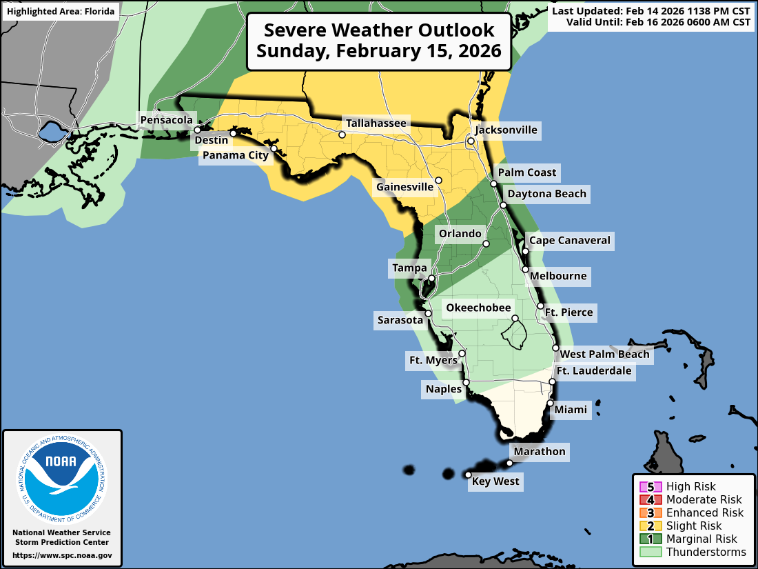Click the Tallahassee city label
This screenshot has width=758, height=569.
pyautogui.click(x=377, y=123)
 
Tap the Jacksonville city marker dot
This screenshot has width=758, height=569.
pyautogui.click(x=471, y=141)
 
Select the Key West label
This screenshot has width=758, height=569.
pyautogui.click(x=495, y=481)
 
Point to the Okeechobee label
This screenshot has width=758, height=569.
pyautogui.click(x=478, y=308)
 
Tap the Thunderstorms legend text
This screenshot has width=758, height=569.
pyautogui.click(x=706, y=552)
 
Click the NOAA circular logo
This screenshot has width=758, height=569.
pyautogui.click(x=62, y=476)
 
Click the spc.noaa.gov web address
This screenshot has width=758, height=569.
pyautogui.click(x=62, y=555)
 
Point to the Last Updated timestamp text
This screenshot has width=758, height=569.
pyautogui.click(x=651, y=11)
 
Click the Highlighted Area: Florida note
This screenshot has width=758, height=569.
pyautogui.click(x=61, y=11)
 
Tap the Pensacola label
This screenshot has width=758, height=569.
pyautogui.click(x=166, y=120)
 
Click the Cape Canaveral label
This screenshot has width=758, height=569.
pyautogui.click(x=569, y=241)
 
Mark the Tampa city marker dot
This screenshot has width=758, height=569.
pyautogui.click(x=431, y=279)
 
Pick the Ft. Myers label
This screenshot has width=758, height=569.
pyautogui.click(x=433, y=360)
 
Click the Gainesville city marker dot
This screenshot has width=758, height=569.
pyautogui.click(x=438, y=180)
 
